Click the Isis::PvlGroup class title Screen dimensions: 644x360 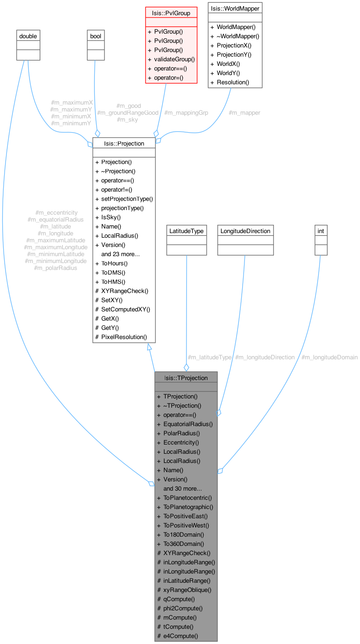pos(171,13)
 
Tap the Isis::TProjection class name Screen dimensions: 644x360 pos(186,378)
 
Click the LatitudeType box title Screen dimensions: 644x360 pos(186,231)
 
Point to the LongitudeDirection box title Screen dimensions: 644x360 pos(245,231)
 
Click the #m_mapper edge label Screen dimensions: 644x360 pos(244,113)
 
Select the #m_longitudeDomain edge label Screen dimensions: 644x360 pos(329,357)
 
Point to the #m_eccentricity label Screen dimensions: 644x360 pos(56,212)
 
